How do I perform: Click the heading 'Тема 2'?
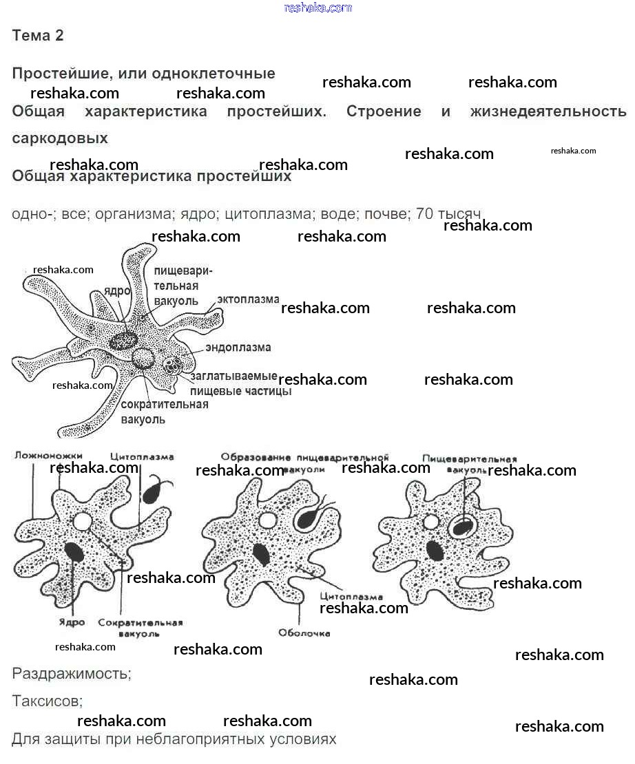click(x=38, y=36)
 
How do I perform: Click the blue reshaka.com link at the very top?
click(x=317, y=8)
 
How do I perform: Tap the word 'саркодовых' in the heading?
click(x=60, y=138)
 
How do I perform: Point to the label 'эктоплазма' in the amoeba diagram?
click(x=248, y=299)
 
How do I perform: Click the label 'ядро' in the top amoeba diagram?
click(x=118, y=291)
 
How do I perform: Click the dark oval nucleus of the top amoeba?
click(x=124, y=339)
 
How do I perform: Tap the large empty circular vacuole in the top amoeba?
click(x=145, y=358)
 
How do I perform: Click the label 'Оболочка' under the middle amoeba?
click(x=304, y=633)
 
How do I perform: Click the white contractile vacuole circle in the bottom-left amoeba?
click(x=82, y=521)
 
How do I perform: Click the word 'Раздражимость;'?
click(x=72, y=673)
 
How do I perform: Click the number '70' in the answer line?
click(x=425, y=214)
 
